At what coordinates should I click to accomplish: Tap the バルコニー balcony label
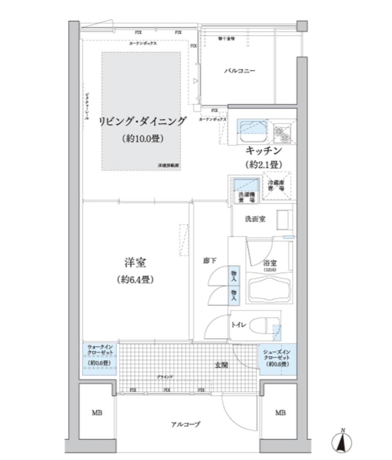[240, 71]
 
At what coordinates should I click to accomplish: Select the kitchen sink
[252, 131]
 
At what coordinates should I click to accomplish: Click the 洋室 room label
[135, 263]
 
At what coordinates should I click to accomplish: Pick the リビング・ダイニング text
[142, 121]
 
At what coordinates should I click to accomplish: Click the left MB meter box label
[97, 413]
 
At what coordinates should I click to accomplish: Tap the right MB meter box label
[280, 413]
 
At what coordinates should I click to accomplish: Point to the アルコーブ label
[186, 424]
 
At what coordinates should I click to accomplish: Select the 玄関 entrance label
[221, 365]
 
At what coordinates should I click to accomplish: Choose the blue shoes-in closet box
[277, 359]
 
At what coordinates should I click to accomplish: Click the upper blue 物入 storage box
[234, 276]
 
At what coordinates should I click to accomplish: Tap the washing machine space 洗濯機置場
[246, 190]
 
